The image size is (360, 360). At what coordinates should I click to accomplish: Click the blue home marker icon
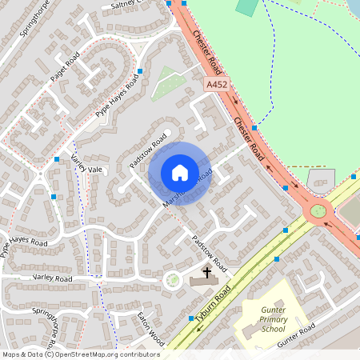tap(180, 173)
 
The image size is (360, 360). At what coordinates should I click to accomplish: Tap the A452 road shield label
tap(214, 83)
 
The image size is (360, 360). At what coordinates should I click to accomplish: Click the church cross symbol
tap(206, 273)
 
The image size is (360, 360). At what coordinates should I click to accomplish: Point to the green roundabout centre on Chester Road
tap(318, 211)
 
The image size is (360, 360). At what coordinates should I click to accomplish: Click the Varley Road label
tap(53, 278)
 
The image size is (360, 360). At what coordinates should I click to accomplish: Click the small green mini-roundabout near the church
tap(172, 280)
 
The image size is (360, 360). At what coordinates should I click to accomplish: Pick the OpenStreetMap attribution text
tap(80, 354)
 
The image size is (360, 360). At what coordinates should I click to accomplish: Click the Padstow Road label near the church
tap(210, 252)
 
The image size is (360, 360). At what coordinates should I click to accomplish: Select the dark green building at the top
tap(248, 7)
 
